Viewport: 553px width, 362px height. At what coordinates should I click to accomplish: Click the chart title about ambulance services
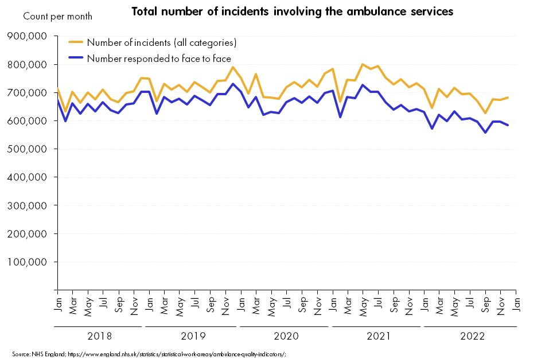292,11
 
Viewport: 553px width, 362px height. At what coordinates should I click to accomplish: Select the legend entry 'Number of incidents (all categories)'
161,42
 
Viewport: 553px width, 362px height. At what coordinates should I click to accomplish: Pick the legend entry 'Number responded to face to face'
159,58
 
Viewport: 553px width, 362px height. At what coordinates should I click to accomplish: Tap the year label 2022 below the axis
472,336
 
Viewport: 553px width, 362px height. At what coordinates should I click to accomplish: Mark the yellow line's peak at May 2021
363,64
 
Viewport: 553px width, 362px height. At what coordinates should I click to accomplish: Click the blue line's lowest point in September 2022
485,133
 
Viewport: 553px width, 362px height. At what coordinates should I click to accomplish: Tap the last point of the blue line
508,125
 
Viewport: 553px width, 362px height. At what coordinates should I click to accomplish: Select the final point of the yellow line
508,98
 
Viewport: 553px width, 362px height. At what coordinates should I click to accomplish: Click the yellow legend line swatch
76,42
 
